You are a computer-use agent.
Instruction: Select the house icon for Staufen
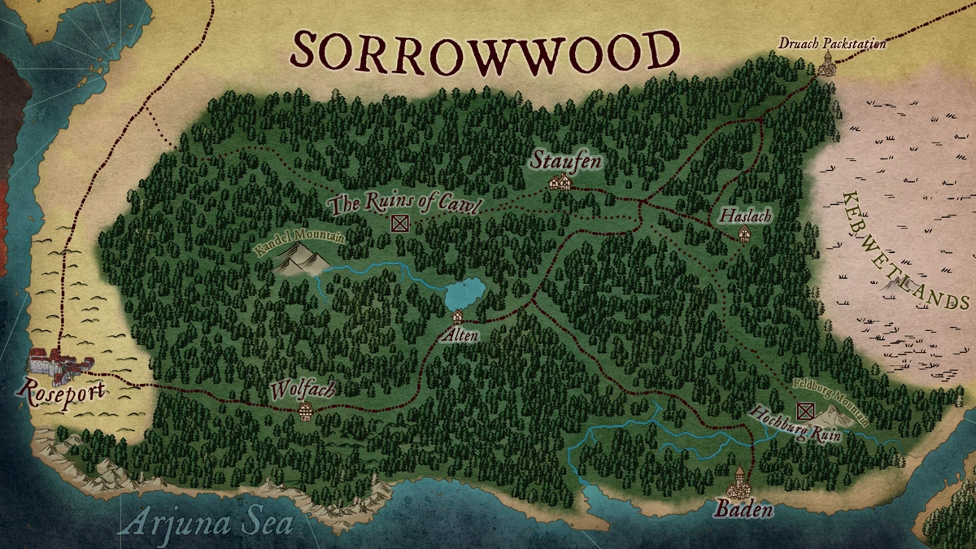[559, 183]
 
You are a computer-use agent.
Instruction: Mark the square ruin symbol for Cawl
[399, 224]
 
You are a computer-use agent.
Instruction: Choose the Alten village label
[459, 334]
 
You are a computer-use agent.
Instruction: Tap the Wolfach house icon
[306, 411]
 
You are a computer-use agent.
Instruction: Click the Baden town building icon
[740, 484]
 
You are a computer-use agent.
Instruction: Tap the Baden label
[743, 511]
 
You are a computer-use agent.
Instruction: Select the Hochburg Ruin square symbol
[805, 411]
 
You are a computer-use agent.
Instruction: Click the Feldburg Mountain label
[830, 402]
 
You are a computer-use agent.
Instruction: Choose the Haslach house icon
[743, 234]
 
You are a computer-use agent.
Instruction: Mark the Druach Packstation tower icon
[826, 64]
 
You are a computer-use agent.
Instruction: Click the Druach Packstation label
[832, 43]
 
